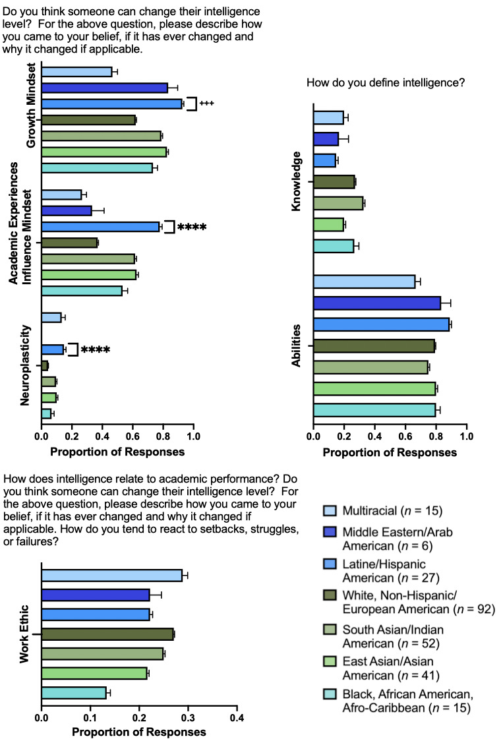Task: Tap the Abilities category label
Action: pyautogui.click(x=297, y=345)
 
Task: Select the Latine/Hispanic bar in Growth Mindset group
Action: pyautogui.click(x=111, y=104)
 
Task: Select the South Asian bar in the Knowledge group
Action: pyautogui.click(x=338, y=203)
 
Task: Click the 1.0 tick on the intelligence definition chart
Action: pyautogui.click(x=466, y=436)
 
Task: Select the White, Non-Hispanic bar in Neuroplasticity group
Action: pyautogui.click(x=45, y=365)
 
